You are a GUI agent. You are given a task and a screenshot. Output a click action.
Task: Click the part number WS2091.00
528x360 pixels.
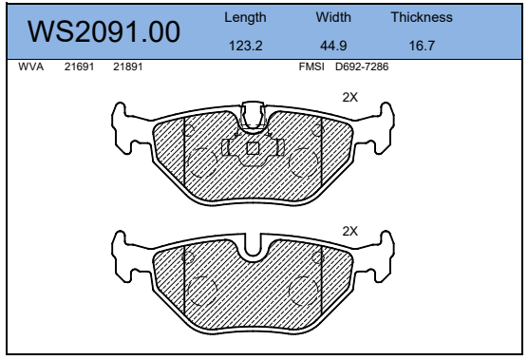pyautogui.click(x=104, y=31)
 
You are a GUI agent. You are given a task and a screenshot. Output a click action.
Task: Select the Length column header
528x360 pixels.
pyautogui.click(x=245, y=17)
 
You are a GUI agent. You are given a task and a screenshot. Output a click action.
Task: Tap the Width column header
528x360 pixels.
pyautogui.click(x=333, y=17)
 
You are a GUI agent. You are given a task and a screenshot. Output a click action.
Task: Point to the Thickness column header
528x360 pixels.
pyautogui.click(x=422, y=17)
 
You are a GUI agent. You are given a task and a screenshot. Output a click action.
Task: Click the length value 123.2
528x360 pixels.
pyautogui.click(x=245, y=46)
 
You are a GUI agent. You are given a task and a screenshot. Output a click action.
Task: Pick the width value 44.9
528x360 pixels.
pyautogui.click(x=333, y=46)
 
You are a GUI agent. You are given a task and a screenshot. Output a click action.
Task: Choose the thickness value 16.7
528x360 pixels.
pyautogui.click(x=422, y=46)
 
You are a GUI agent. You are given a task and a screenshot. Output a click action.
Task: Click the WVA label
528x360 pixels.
pyautogui.click(x=31, y=66)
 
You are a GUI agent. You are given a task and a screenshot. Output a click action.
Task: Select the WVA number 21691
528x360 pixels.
pyautogui.click(x=79, y=66)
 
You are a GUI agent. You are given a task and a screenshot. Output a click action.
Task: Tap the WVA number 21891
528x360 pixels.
pyautogui.click(x=127, y=66)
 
